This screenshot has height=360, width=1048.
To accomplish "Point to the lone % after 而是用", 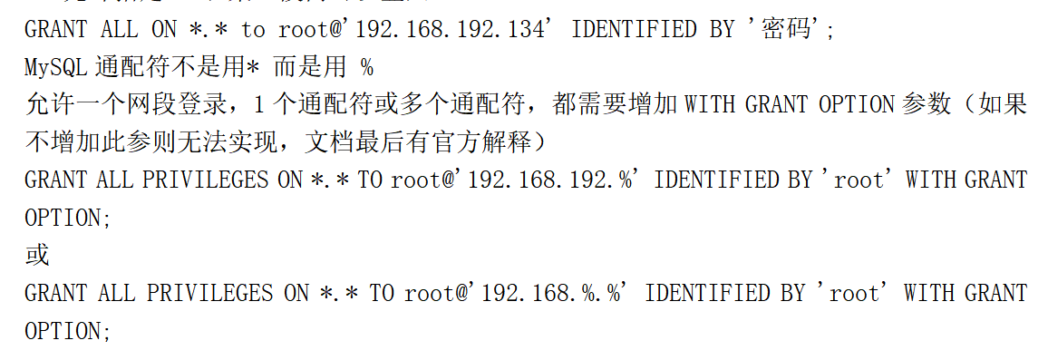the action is point(366,67).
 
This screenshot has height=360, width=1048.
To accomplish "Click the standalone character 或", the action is point(36,255).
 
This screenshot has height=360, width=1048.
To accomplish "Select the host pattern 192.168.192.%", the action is point(553,180).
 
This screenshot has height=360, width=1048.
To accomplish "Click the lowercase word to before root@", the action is point(253,30).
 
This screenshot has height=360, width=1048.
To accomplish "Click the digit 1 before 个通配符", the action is point(257,105).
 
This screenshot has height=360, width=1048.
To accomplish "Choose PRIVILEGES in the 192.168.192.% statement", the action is point(205,180).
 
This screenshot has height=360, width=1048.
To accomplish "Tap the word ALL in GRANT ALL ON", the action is point(117,30).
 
